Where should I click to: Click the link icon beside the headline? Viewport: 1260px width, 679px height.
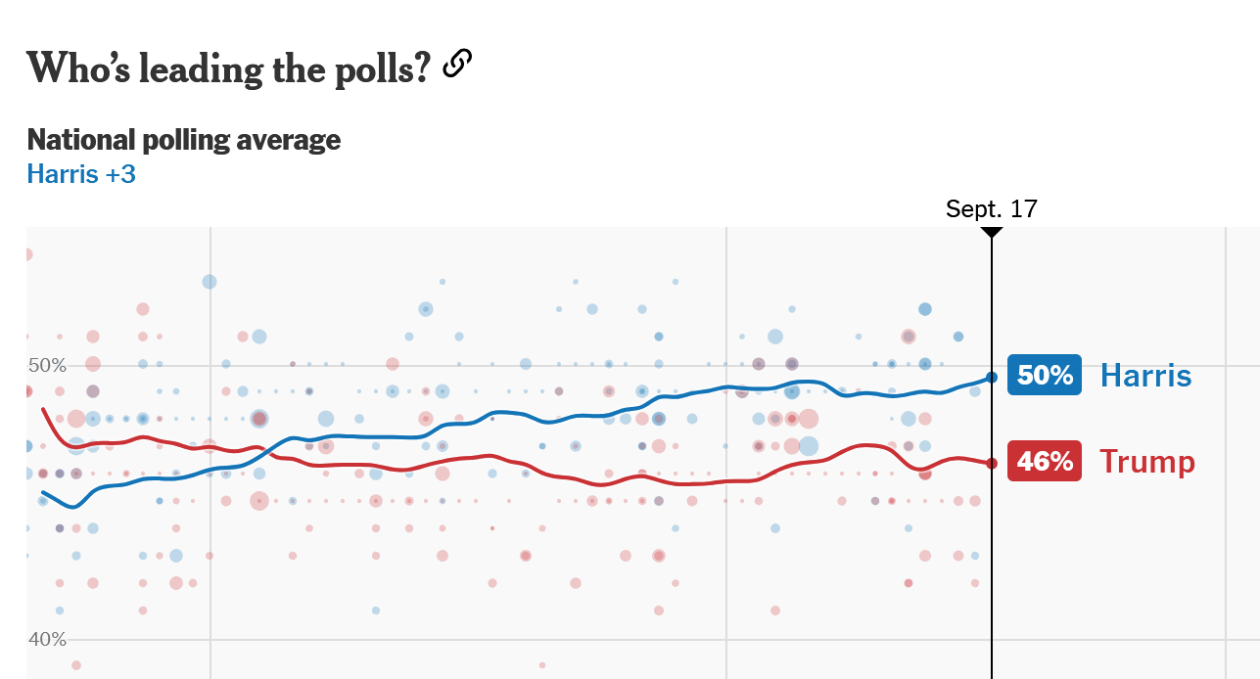click(457, 65)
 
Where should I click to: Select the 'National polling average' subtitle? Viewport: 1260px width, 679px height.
click(184, 140)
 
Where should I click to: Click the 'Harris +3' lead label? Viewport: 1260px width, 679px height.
click(81, 174)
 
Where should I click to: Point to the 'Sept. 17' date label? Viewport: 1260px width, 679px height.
click(991, 208)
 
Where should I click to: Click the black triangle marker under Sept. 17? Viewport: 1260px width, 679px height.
click(992, 233)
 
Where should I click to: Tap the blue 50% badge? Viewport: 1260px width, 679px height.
click(1045, 375)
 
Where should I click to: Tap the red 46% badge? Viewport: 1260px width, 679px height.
click(1045, 461)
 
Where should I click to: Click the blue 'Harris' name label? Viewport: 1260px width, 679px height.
click(1145, 375)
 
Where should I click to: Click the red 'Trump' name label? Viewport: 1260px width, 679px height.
click(1146, 461)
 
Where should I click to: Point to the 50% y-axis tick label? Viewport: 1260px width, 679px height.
click(47, 366)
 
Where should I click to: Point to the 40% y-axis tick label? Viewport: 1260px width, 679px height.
click(47, 640)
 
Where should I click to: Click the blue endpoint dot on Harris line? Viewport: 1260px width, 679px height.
click(992, 377)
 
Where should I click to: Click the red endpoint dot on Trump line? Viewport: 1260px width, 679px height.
click(992, 463)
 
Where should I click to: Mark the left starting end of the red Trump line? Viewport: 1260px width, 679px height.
click(43, 408)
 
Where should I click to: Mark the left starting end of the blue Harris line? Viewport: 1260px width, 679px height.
click(43, 492)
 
